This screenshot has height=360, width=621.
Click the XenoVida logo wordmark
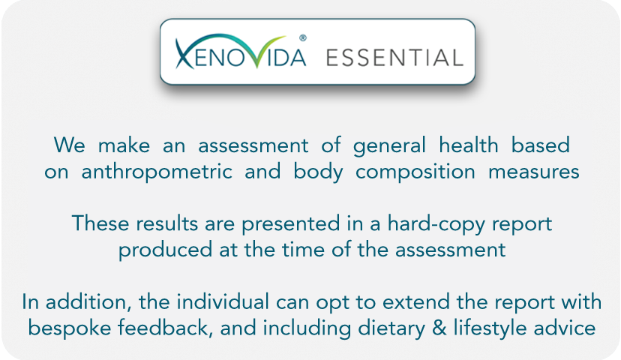tap(241, 52)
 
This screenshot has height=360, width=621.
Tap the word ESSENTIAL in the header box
tap(394, 58)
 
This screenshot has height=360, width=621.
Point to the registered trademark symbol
tap(303, 38)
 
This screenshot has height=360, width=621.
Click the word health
tap(469, 145)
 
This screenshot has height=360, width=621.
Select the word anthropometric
tap(157, 172)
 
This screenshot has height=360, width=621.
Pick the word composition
tap(415, 172)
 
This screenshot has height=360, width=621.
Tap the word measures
tap(534, 172)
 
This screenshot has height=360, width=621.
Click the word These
tap(100, 223)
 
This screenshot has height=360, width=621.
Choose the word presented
tap(291, 224)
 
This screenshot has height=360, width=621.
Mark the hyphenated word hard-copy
tap(436, 224)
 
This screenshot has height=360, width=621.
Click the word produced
tap(166, 250)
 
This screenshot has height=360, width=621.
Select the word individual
tap(223, 302)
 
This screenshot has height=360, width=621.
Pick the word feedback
tap(163, 328)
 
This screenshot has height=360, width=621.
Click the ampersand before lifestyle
tap(439, 328)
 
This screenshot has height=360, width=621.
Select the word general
tap(389, 145)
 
